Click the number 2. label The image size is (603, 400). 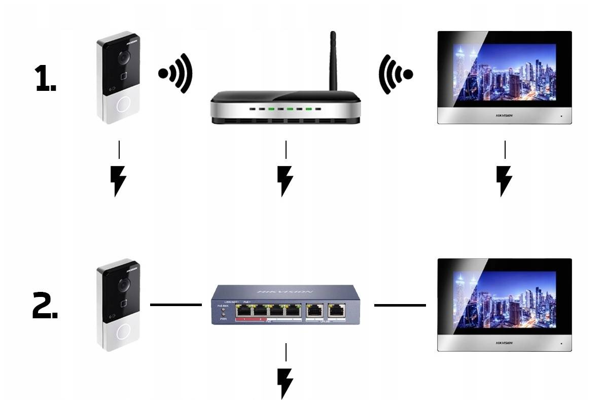point(45,308)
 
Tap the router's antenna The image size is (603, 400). point(333,61)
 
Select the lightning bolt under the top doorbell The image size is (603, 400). point(118,180)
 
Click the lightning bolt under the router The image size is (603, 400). point(285,180)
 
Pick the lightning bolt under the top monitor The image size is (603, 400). point(504,180)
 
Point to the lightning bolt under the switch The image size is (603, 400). point(286,383)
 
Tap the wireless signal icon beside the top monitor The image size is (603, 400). point(396,75)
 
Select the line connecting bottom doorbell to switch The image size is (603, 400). point(175,305)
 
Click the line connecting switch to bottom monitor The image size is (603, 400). point(400,305)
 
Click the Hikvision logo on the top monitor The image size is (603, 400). point(504,116)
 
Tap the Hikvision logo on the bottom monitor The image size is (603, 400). point(504,343)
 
